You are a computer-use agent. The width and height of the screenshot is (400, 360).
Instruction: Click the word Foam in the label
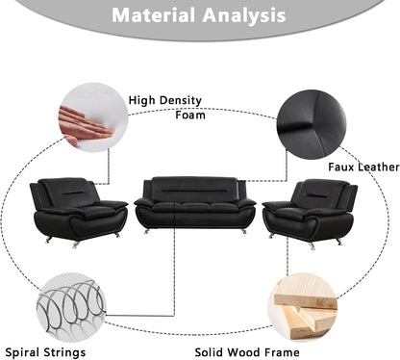(x=190, y=116)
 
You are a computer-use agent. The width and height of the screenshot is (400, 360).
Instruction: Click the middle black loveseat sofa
(x=195, y=205)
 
